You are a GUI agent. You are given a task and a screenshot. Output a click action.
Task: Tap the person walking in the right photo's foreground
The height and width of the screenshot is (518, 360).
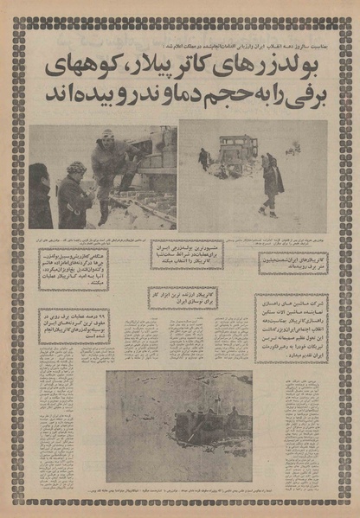tap(272, 183)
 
